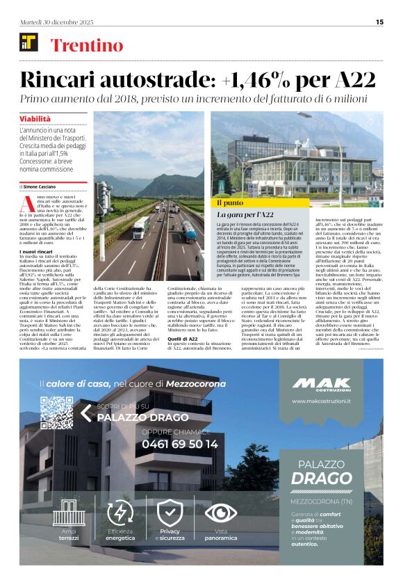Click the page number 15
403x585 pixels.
379,22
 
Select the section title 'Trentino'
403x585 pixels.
87,46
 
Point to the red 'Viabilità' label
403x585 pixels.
35,120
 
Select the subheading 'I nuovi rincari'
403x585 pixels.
38,250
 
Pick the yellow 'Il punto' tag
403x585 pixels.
231,202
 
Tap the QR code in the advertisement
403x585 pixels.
56,412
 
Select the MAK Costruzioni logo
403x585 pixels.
322,385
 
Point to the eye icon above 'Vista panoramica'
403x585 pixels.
220,513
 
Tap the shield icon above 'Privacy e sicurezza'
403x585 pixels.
170,513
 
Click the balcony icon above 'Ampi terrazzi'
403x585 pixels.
69,513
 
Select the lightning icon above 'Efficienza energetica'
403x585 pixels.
120,513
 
